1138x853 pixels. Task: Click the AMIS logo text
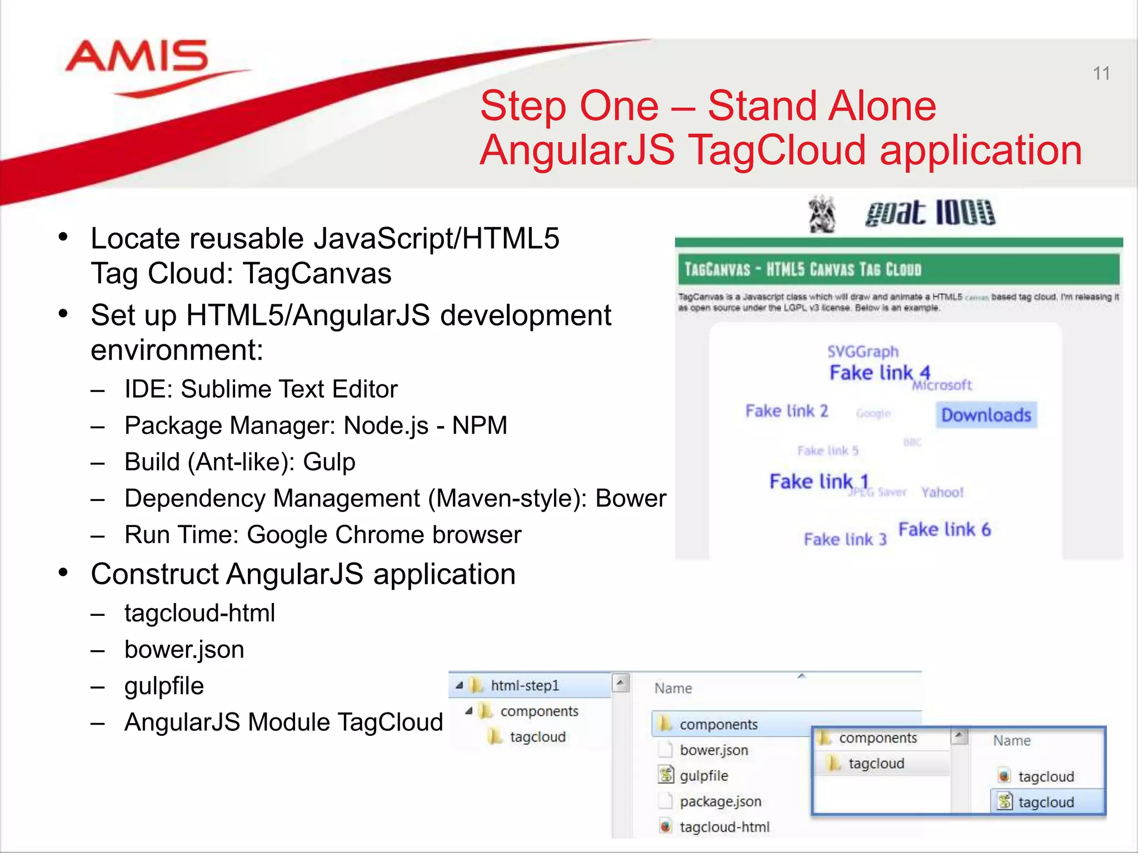[x=137, y=57]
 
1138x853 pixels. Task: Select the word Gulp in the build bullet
[x=329, y=462]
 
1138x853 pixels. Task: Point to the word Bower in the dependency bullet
[x=630, y=499]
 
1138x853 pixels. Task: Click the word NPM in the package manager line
[x=480, y=426]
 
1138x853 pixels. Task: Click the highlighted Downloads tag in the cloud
[x=986, y=415]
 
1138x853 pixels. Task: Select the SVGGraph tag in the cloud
[x=862, y=352]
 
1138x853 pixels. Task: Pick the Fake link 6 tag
[x=944, y=530]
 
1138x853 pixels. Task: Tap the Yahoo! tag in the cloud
[x=942, y=492]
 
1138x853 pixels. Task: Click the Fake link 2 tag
[x=786, y=411]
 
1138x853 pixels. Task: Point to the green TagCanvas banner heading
[x=802, y=270]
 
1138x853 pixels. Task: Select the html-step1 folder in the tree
[x=525, y=686]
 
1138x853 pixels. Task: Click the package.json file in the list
[x=720, y=801]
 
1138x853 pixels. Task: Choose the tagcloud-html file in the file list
[x=724, y=827]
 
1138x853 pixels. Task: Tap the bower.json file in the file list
[x=713, y=750]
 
